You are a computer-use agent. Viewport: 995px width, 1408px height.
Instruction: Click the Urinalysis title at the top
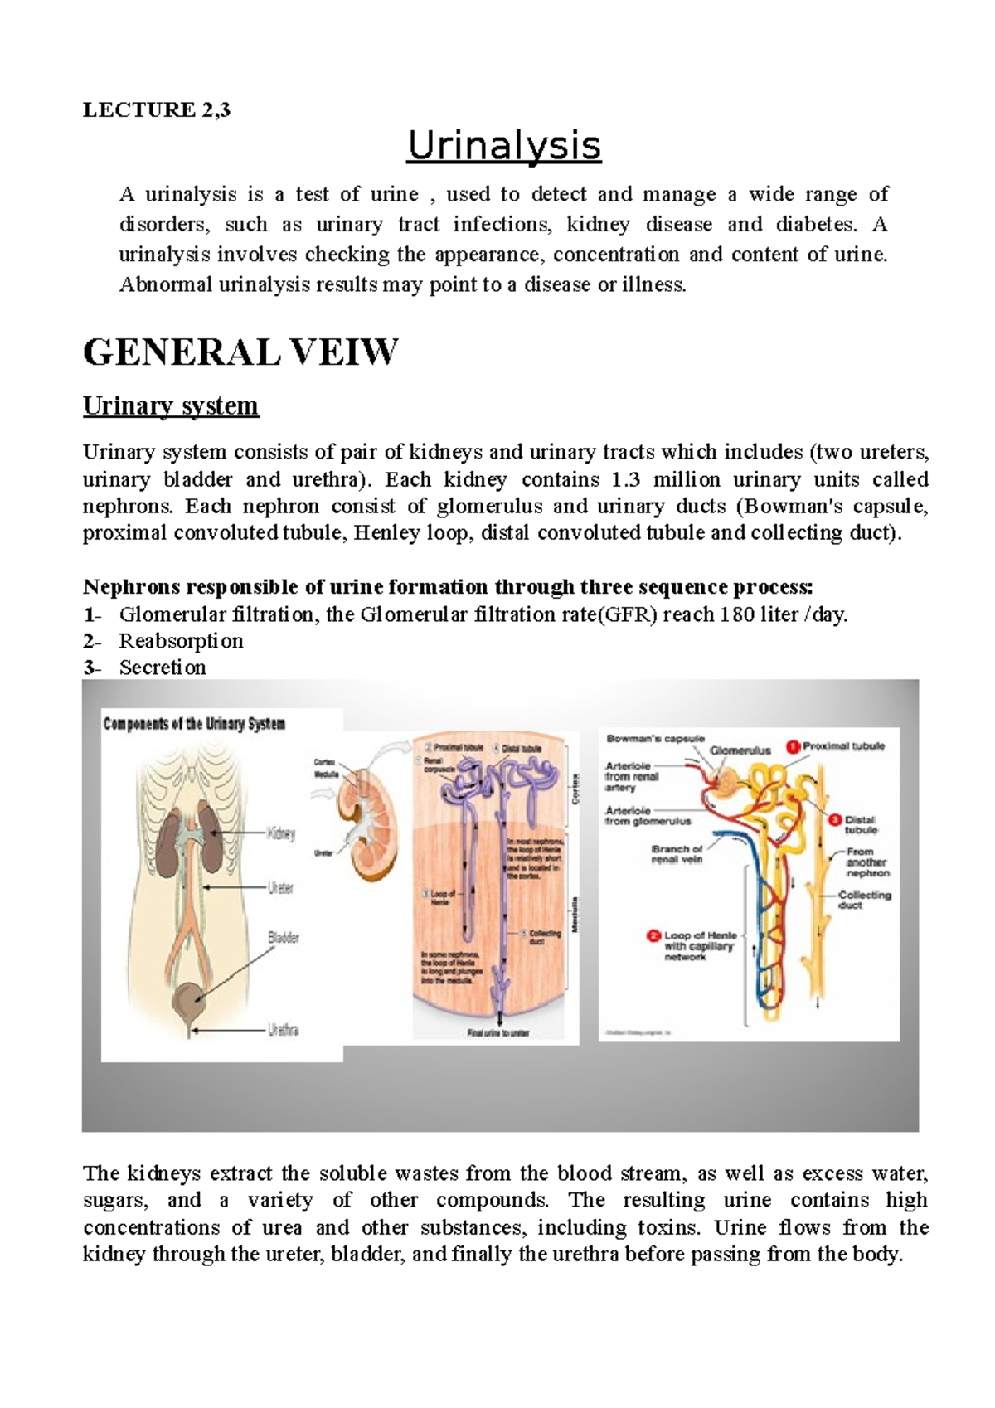point(503,146)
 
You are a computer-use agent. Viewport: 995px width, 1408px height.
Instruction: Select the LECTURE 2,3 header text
point(156,109)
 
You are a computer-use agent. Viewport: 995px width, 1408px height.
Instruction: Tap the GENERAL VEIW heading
point(240,352)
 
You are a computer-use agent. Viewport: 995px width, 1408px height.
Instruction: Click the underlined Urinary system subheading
point(171,405)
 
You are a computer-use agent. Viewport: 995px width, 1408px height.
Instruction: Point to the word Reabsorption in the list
point(181,641)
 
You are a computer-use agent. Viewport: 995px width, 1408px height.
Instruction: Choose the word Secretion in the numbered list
point(163,668)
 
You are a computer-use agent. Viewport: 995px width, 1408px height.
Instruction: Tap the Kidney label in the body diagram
point(281,833)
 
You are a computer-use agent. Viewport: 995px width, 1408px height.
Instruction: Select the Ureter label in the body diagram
point(280,887)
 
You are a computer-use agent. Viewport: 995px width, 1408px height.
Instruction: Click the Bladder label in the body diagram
point(283,937)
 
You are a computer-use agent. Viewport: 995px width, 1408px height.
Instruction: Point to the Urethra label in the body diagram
point(283,1030)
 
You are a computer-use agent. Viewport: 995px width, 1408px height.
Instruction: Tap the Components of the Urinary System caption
point(194,724)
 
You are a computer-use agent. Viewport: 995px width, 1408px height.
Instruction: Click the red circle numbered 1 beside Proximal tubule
point(793,746)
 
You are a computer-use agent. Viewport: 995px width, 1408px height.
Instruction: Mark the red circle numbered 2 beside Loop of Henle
point(653,936)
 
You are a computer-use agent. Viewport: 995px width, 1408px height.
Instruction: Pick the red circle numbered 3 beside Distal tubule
point(835,819)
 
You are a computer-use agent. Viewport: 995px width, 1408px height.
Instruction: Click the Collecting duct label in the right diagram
point(864,900)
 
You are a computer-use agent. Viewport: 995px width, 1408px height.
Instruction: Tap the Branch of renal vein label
point(677,854)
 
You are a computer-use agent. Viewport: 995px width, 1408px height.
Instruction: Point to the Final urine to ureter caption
point(498,1033)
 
